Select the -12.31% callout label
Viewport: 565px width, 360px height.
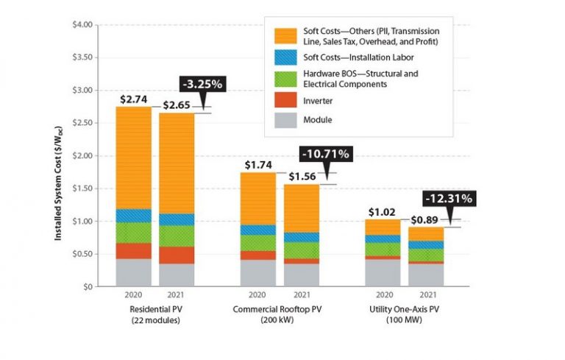tap(447, 198)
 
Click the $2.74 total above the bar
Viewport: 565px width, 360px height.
tap(133, 99)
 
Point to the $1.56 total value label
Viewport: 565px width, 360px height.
tap(302, 176)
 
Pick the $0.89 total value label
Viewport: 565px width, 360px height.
tap(425, 220)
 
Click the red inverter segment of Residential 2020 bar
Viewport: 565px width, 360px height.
tap(133, 250)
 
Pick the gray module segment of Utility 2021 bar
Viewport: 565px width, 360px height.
tap(426, 275)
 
